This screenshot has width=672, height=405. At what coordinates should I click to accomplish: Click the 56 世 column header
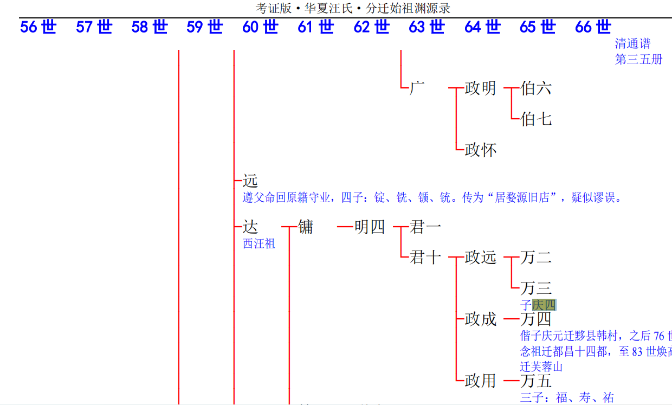pyautogui.click(x=38, y=27)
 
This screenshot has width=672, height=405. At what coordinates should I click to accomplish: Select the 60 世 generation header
pyautogui.click(x=260, y=27)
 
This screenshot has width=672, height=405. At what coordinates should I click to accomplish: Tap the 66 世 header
pyautogui.click(x=593, y=27)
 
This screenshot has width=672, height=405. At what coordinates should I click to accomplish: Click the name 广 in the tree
pyautogui.click(x=417, y=88)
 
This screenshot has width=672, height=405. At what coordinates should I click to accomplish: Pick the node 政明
pyautogui.click(x=480, y=88)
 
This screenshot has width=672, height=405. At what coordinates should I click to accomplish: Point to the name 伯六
pyautogui.click(x=536, y=88)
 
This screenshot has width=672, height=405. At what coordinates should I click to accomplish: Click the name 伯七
pyautogui.click(x=536, y=119)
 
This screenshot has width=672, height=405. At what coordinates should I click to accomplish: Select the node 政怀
pyautogui.click(x=480, y=150)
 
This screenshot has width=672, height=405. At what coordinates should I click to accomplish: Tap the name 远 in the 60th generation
pyautogui.click(x=250, y=181)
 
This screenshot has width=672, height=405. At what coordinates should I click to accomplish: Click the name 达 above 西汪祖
pyautogui.click(x=250, y=227)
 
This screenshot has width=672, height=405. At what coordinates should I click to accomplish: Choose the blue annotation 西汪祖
pyautogui.click(x=259, y=244)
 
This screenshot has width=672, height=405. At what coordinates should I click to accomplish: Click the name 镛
pyautogui.click(x=306, y=227)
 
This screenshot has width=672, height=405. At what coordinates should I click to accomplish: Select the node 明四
pyautogui.click(x=370, y=227)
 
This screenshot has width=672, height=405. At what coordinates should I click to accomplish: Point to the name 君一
pyautogui.click(x=425, y=227)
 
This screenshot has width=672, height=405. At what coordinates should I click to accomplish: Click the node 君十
pyautogui.click(x=425, y=257)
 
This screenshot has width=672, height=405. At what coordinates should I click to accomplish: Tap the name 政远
pyautogui.click(x=480, y=257)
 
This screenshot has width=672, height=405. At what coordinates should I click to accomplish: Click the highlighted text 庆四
pyautogui.click(x=544, y=305)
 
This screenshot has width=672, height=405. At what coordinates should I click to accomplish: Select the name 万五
pyautogui.click(x=536, y=381)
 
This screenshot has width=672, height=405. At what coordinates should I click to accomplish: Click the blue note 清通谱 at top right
pyautogui.click(x=632, y=43)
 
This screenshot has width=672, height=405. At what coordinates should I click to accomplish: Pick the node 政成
pyautogui.click(x=480, y=319)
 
